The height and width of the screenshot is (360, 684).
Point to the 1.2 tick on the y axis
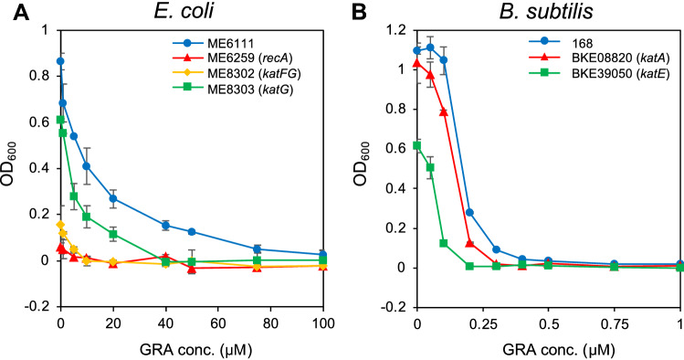398,28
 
